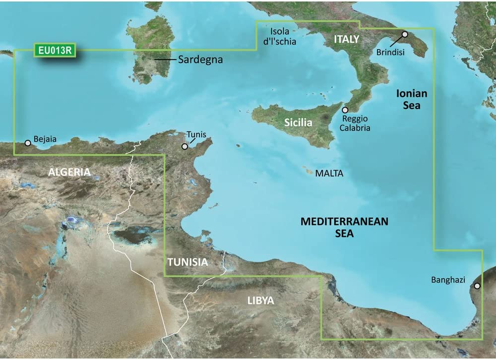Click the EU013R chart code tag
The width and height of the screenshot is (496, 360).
(55, 50)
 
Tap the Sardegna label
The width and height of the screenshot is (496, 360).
(200, 60)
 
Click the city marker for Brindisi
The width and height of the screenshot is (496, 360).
(405, 34)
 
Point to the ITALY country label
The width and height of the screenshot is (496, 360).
(346, 39)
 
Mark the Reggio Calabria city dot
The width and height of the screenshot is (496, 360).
(345, 110)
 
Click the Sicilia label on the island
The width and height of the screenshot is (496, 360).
(298, 122)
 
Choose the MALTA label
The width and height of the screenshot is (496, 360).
(329, 174)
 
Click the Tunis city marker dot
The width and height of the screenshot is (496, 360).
(185, 146)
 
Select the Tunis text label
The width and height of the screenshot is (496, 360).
(196, 134)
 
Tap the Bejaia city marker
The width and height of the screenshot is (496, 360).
(28, 143)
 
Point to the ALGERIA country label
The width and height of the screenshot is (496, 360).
(69, 172)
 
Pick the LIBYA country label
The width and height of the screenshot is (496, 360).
(261, 301)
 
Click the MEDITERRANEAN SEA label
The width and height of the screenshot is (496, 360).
(344, 228)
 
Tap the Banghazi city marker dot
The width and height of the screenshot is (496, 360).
(477, 286)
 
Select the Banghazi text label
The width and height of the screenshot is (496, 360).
(448, 280)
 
